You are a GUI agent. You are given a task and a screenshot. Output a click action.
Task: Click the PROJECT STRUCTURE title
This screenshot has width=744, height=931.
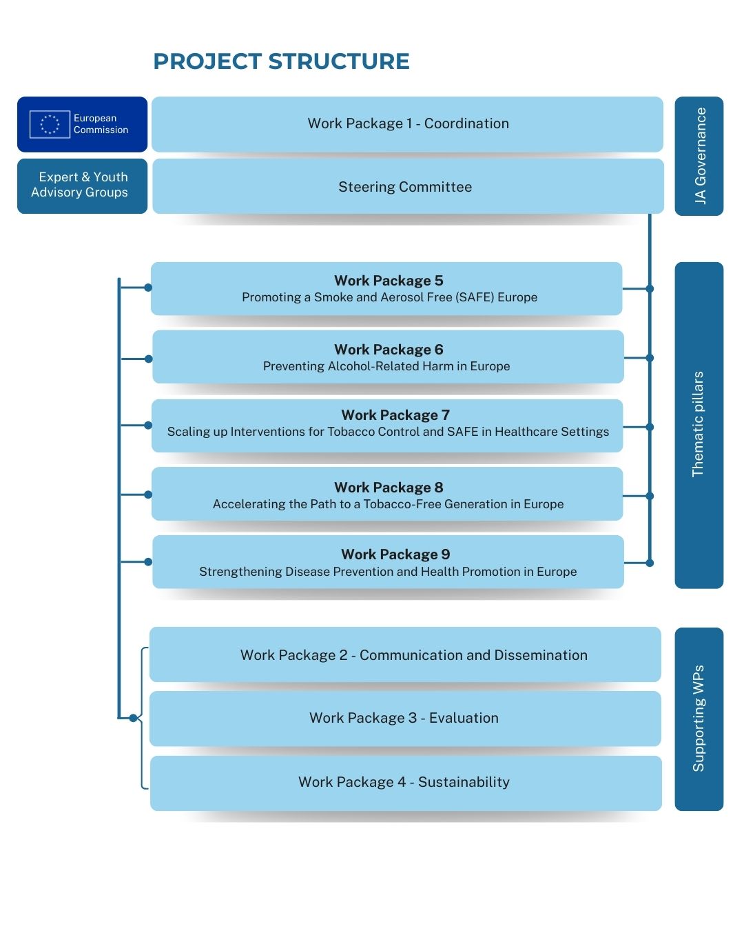coord(281,61)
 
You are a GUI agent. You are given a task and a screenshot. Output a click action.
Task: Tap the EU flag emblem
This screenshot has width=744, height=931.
coord(50,124)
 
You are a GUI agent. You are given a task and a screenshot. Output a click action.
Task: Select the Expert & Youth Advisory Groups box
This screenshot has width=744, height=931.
coord(82,186)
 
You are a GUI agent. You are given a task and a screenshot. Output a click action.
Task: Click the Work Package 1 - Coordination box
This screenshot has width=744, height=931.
coord(408,123)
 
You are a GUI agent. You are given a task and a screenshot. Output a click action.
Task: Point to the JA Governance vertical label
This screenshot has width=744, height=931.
coord(699,156)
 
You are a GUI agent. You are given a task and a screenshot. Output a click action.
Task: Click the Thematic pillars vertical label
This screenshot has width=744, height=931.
coord(698,424)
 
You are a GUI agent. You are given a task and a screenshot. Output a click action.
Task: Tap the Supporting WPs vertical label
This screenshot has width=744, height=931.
coord(699,718)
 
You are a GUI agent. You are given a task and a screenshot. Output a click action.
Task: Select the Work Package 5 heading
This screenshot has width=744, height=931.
coord(389,281)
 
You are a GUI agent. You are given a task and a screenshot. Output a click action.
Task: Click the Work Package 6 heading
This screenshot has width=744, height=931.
coord(389,350)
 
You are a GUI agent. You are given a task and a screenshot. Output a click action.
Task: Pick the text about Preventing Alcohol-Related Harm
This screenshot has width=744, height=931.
coord(386,366)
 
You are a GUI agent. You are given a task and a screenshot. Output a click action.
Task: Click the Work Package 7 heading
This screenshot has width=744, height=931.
coord(395,415)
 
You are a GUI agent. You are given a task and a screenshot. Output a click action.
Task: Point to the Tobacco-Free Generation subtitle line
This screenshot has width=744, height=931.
coord(388,504)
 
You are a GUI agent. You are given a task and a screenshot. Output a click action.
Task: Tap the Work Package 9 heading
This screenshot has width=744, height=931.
coord(395,554)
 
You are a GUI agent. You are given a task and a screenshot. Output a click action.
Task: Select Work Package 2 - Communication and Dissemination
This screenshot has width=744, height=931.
coord(413,655)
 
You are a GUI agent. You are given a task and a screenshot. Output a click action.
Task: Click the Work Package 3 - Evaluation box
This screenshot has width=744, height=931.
coord(404,718)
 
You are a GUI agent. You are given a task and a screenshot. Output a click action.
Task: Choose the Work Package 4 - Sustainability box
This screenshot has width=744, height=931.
coord(404,782)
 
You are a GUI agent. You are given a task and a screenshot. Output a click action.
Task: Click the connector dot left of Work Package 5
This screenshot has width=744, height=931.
coord(148,288)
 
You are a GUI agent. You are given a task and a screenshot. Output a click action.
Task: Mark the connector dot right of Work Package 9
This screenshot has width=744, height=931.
coord(649,563)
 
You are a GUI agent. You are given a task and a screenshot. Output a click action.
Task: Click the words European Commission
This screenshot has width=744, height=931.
coord(101,124)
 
